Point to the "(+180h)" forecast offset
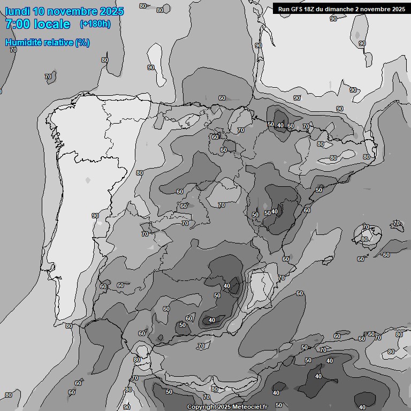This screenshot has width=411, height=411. tap(95, 24)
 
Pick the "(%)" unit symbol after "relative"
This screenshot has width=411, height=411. tap(82, 42)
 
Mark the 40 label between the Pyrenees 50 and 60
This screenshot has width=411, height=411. tap(280, 125)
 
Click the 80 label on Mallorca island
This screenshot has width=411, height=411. tap(364, 239)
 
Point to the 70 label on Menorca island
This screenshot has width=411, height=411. tap(397, 223)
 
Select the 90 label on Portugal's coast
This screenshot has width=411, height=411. tap(95, 216)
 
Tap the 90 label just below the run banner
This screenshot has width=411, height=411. tap(333, 19)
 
